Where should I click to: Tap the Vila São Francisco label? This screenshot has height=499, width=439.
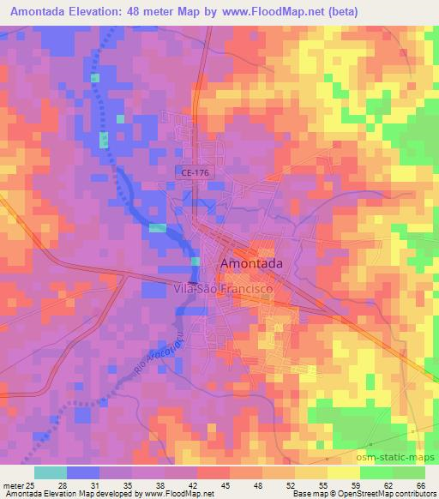coord(223,291)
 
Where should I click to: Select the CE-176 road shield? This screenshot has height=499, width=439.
coord(195,172)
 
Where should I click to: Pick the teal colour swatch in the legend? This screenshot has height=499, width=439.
coord(50,472)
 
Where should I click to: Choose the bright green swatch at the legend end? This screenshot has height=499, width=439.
coord(410,472)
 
